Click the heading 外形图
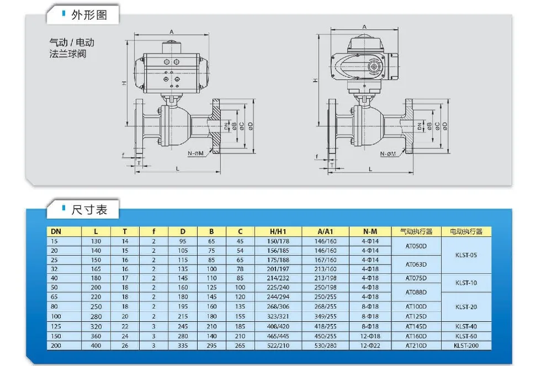[x=89, y=15]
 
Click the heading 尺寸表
[x=89, y=210]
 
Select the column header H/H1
[x=278, y=231]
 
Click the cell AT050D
[x=416, y=246]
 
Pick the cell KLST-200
[x=466, y=345]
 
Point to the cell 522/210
[x=278, y=345]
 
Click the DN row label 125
[x=55, y=326]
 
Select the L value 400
[x=96, y=345]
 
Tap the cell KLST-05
[x=466, y=255]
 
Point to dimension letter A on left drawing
[x=172, y=32]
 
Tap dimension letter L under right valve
[x=370, y=167]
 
